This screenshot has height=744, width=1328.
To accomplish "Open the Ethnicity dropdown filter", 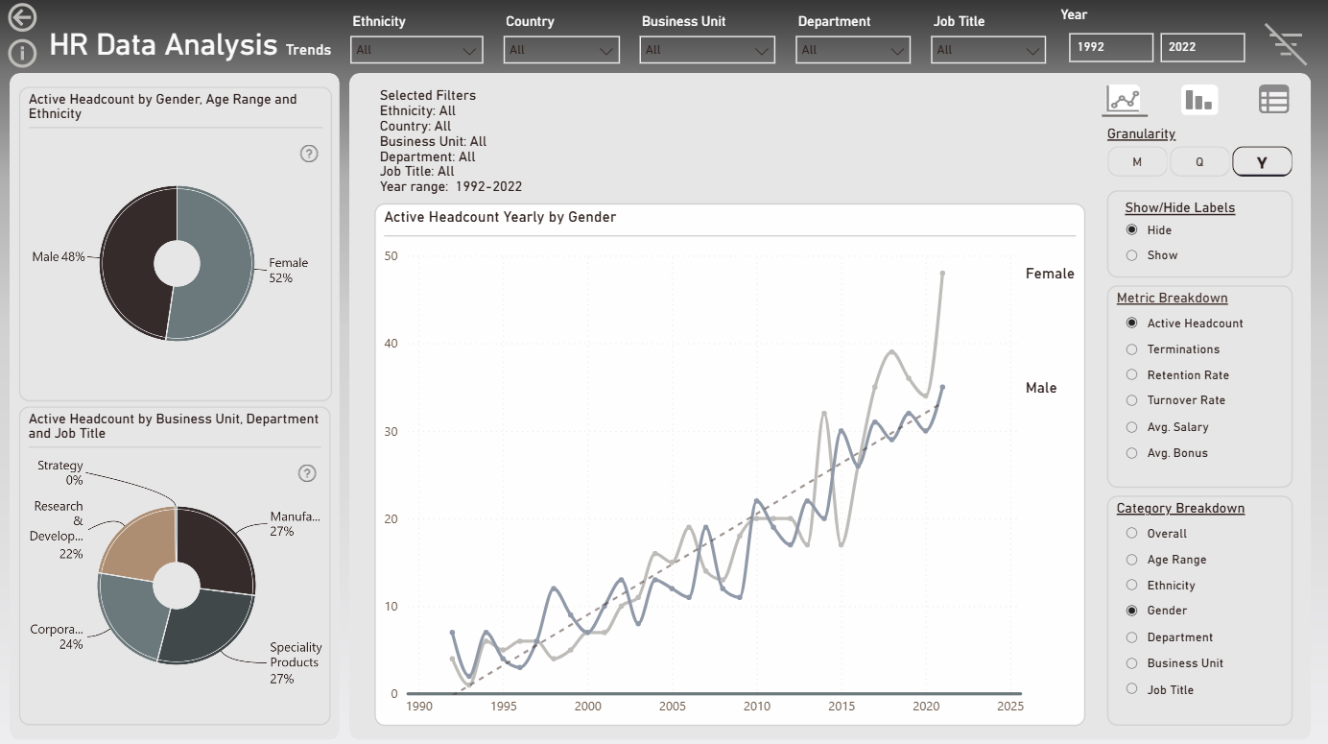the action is [416, 50].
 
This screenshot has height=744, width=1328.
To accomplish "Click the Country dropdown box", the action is [561, 50].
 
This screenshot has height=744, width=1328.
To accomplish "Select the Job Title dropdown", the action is [987, 50].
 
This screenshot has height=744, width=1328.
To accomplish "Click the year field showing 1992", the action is [1110, 47].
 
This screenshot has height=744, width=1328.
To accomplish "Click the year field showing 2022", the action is [1201, 47].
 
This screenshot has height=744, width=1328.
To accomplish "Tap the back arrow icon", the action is [22, 17].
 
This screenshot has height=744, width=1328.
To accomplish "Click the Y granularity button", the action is [1262, 162].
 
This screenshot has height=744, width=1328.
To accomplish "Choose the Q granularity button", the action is [1199, 162].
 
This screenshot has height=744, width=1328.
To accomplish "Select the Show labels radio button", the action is [1131, 255].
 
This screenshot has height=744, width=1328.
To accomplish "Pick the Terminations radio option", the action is [1131, 349].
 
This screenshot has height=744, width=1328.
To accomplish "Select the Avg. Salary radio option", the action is [1131, 427].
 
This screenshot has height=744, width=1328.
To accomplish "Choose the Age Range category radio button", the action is [1131, 560].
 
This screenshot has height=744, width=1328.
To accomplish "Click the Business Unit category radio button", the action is [1131, 663].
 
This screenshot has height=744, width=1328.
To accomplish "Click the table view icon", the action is [1273, 100].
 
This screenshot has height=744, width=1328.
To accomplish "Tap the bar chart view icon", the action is [1198, 100].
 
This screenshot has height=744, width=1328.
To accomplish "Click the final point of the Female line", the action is [942, 274].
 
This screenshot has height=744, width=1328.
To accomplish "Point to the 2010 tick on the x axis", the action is [757, 706].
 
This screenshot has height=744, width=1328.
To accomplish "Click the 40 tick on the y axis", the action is [391, 344].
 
